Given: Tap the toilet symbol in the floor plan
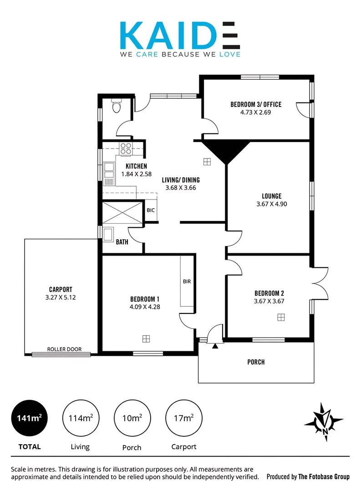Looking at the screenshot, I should point(117,108).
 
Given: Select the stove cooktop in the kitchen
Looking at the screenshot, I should point(126,149).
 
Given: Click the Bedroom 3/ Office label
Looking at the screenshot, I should point(256,104).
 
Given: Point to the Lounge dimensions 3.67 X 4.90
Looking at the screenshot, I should point(272,204).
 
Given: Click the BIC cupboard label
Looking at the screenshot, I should point(151,210).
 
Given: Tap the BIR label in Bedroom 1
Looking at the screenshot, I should point(187,282).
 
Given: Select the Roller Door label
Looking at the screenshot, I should point(64,349).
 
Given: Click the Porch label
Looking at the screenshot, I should point(256,362).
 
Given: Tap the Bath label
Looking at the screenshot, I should point(122,242).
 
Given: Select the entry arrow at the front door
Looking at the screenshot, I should point(215,346).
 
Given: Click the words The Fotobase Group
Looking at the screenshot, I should point(324,477).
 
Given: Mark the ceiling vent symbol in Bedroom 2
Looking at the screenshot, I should point(281,317).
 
